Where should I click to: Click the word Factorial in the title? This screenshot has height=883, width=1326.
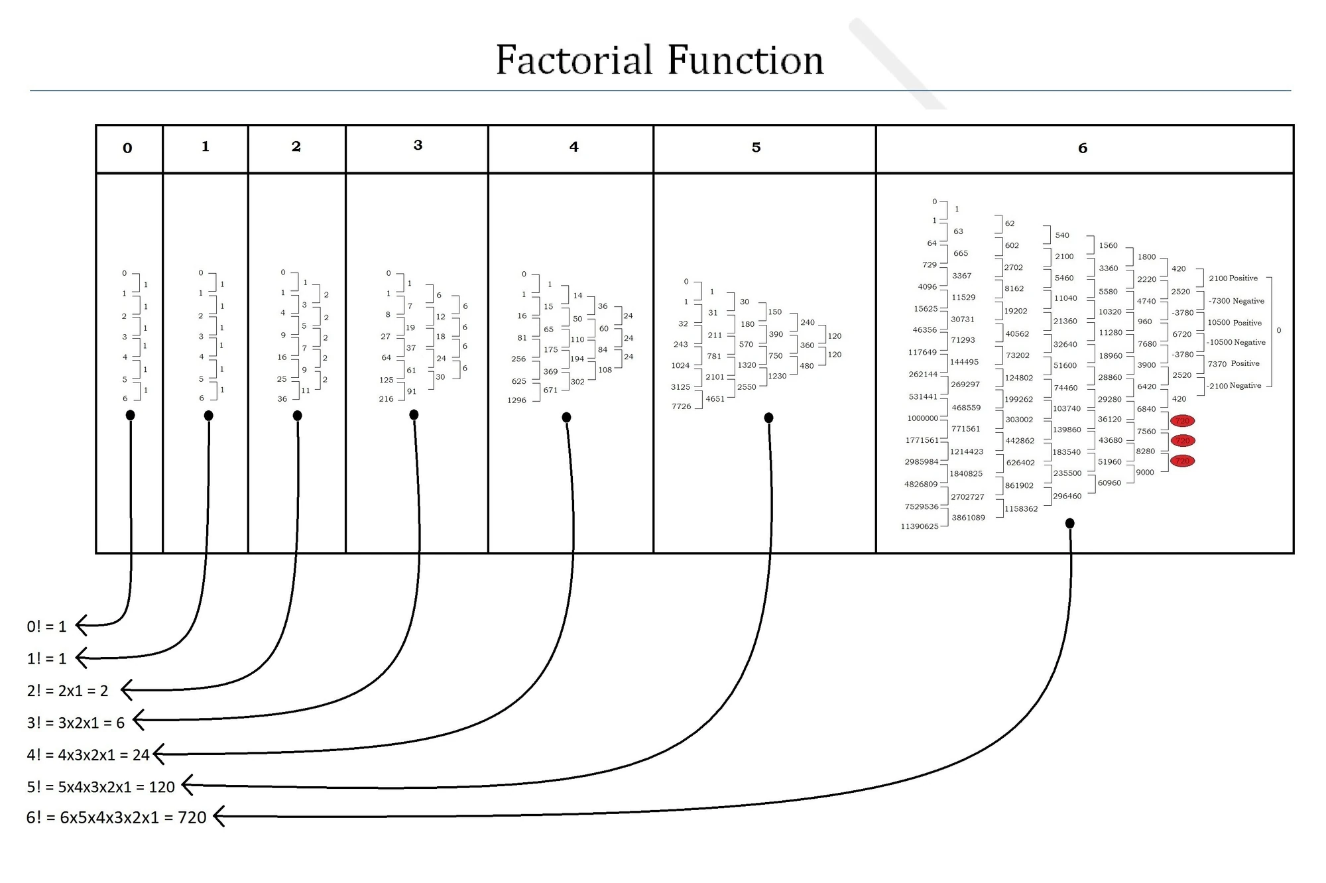tap(574, 60)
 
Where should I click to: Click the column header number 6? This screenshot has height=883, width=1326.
tap(1083, 148)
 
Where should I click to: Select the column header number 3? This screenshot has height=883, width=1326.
tap(418, 145)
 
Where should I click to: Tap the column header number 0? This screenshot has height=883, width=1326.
tap(127, 148)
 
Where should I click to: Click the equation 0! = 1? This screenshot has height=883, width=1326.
tap(46, 626)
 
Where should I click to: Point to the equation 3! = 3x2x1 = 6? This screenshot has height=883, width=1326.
tap(76, 723)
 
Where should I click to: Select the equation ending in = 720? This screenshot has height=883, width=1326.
tap(116, 817)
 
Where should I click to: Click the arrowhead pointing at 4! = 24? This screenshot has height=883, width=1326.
tap(159, 754)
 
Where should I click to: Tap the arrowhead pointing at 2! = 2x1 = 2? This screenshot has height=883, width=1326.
tap(127, 689)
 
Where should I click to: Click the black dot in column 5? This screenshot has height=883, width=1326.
tap(768, 418)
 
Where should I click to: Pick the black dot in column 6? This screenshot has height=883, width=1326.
tap(1069, 524)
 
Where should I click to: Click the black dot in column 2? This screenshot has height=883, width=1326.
tap(297, 416)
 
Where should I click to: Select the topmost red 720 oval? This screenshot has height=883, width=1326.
tap(1182, 421)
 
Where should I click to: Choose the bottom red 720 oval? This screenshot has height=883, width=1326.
tap(1182, 461)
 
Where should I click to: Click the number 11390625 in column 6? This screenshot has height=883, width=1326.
tap(919, 526)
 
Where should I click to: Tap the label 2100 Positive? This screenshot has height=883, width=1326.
tap(1233, 278)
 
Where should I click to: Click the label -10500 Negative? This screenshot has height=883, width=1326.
tap(1236, 342)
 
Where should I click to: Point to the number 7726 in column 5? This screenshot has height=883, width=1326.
tap(681, 406)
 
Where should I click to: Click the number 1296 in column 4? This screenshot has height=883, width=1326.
tap(516, 400)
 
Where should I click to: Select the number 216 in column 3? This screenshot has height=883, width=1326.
tap(386, 399)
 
